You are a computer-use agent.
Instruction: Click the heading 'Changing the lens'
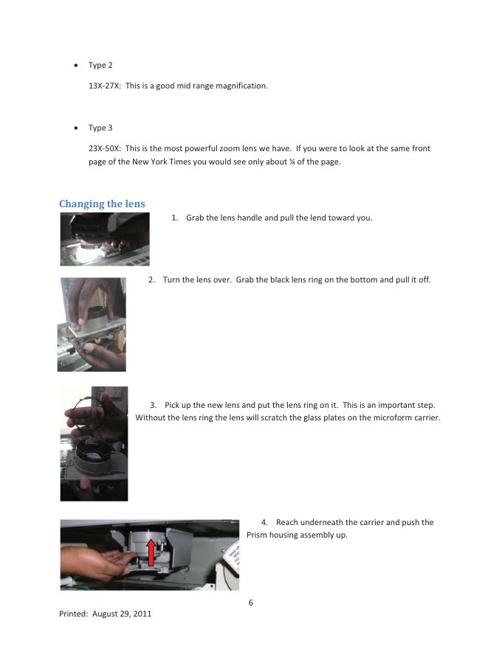[x=102, y=204]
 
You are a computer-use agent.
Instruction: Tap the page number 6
[x=250, y=603]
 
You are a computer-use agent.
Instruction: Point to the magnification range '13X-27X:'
[x=105, y=86]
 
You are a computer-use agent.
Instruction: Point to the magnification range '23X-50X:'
[x=105, y=148]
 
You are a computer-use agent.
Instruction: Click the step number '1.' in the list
[x=175, y=218]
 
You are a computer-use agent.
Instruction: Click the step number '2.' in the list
[x=151, y=280]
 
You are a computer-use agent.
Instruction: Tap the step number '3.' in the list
[x=154, y=406]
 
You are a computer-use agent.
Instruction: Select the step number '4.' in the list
[x=265, y=523]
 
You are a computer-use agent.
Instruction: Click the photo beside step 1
[x=105, y=239]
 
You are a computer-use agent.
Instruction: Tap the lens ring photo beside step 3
[x=94, y=443]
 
